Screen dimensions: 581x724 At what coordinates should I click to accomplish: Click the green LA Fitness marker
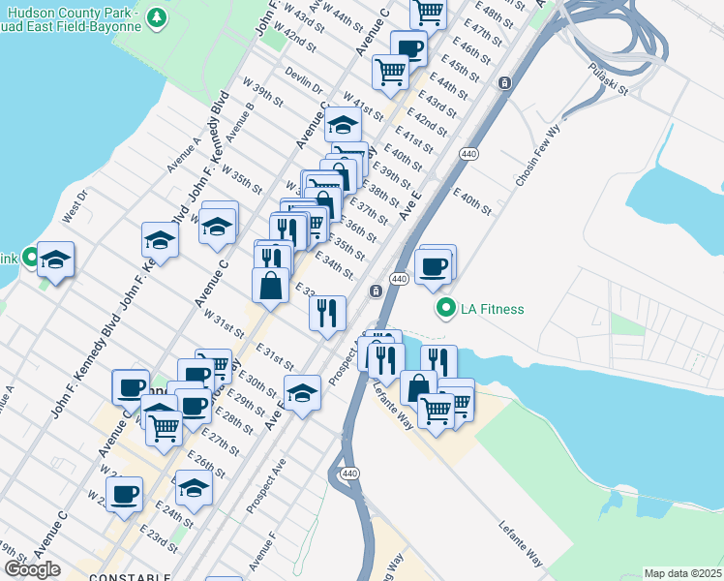click(445, 309)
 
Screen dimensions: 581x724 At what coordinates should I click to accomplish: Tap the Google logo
click(32, 569)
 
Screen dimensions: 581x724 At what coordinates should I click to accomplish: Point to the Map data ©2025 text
click(683, 573)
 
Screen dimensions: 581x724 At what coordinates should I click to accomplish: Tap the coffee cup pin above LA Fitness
click(434, 265)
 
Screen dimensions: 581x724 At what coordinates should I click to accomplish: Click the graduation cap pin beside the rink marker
click(56, 260)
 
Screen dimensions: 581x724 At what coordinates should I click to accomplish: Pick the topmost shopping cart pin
click(427, 12)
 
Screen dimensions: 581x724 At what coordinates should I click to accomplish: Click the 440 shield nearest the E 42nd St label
click(468, 154)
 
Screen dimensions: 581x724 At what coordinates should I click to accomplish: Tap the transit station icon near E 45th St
click(503, 83)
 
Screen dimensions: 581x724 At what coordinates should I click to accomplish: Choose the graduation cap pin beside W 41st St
click(343, 124)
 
